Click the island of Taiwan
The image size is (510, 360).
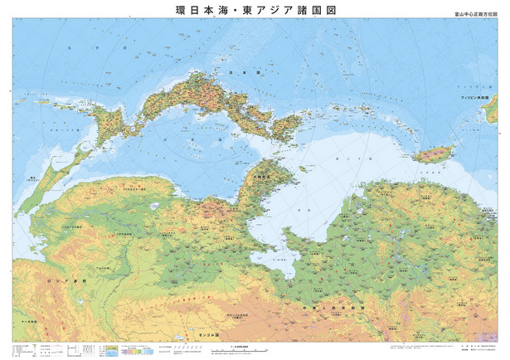(436, 153)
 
